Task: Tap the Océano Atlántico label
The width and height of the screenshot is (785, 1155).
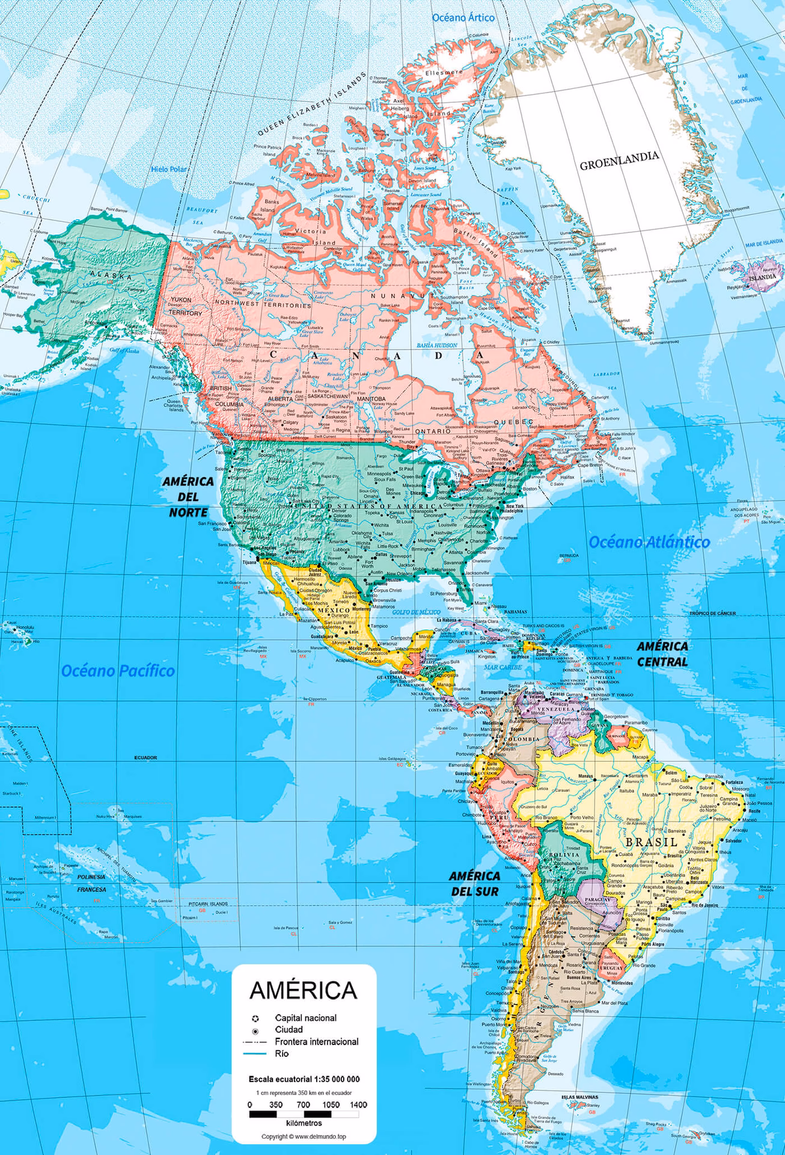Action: pyautogui.click(x=649, y=541)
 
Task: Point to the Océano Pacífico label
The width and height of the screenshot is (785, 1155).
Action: pyautogui.click(x=119, y=670)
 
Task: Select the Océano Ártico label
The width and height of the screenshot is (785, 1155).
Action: pyautogui.click(x=463, y=17)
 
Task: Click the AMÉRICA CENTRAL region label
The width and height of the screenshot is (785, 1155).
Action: pyautogui.click(x=662, y=654)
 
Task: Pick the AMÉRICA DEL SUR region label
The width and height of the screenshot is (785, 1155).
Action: pyautogui.click(x=474, y=883)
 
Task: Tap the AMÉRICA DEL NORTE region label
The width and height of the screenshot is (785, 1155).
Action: pyautogui.click(x=188, y=497)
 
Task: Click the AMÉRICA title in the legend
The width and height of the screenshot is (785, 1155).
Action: pyautogui.click(x=304, y=990)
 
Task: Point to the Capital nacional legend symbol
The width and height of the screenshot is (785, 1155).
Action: pyautogui.click(x=255, y=1018)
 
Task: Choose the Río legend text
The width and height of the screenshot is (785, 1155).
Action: pyautogui.click(x=281, y=1053)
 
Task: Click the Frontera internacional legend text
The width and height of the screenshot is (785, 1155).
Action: pyautogui.click(x=316, y=1041)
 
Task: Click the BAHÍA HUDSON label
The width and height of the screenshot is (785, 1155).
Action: pyautogui.click(x=437, y=345)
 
